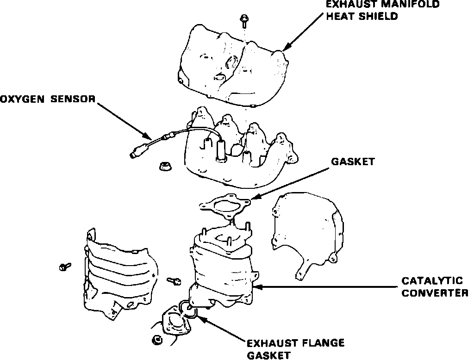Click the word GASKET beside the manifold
point(353,162)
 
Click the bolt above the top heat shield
point(243,21)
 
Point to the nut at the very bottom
point(157,341)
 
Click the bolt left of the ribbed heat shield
point(64,267)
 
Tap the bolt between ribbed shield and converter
point(174,280)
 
